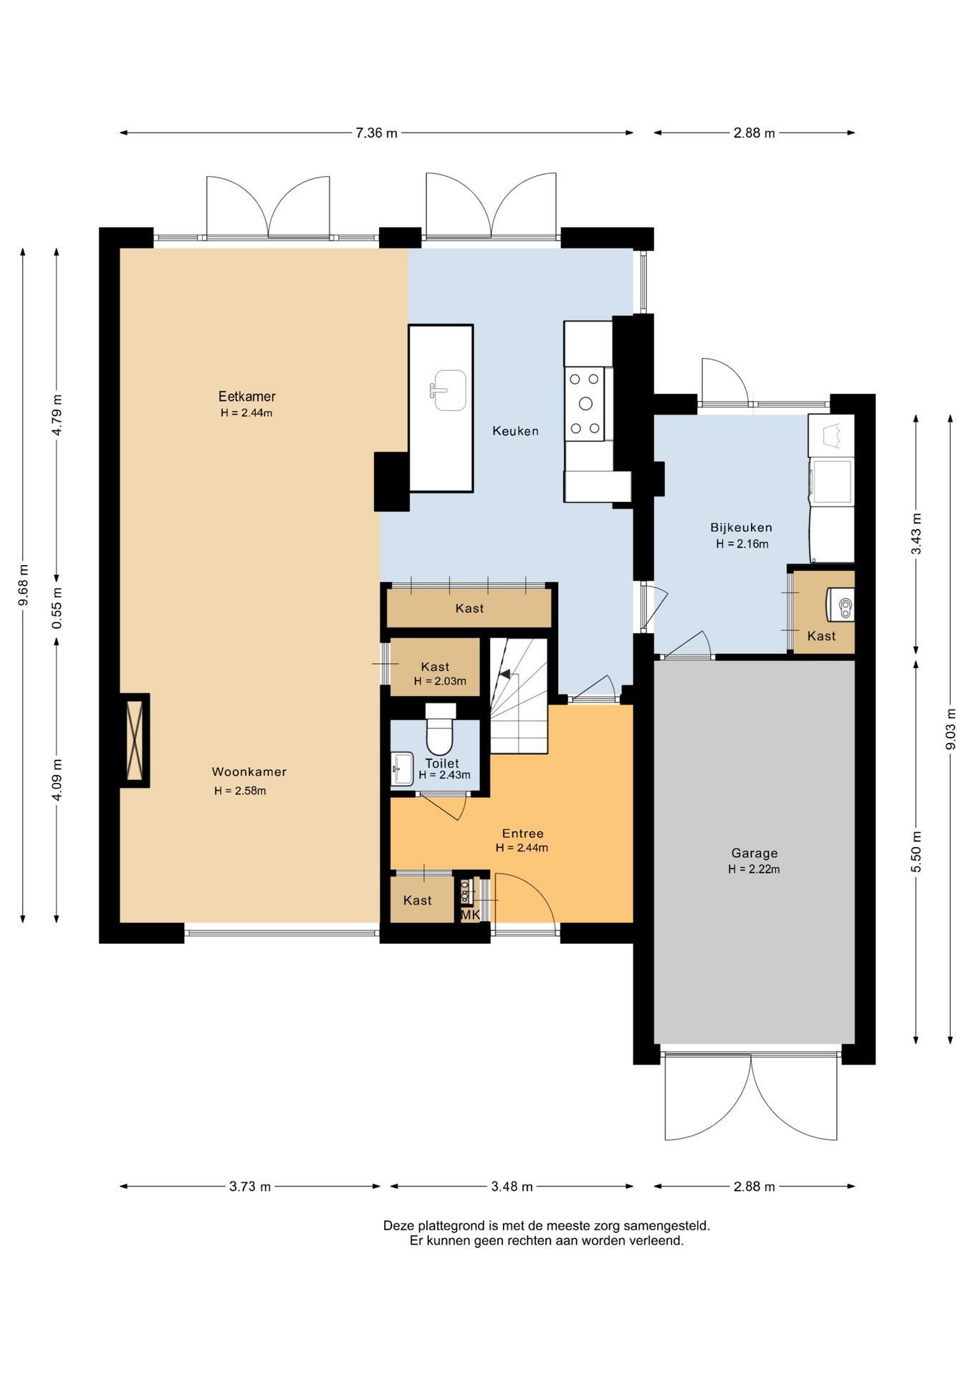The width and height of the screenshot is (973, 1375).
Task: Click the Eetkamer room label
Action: pos(246,396)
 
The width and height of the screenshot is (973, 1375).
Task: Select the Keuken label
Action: pos(515,431)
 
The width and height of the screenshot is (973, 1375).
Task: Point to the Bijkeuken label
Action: pos(742,528)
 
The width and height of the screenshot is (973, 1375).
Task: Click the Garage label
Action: pos(754,853)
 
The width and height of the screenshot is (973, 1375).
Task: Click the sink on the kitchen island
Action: pos(449,390)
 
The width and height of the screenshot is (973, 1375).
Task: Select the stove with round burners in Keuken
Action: pos(585,403)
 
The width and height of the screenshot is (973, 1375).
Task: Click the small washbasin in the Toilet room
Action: pos(402,769)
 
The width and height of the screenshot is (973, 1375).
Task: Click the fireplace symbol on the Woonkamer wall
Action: pos(135,740)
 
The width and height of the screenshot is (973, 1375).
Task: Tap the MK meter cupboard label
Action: pos(470,915)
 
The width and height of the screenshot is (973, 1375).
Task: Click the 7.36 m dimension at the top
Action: pos(376,132)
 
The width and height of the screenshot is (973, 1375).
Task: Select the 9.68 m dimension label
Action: pos(23,585)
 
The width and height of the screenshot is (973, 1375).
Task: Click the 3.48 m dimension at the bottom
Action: pos(512,1187)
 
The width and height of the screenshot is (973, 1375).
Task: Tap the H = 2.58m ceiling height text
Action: pos(240,791)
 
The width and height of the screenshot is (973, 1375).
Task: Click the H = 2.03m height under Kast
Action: pos(440,681)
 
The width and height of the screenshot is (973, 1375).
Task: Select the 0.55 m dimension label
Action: pos(57,608)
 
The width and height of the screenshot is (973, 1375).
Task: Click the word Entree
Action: pos(522,834)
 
